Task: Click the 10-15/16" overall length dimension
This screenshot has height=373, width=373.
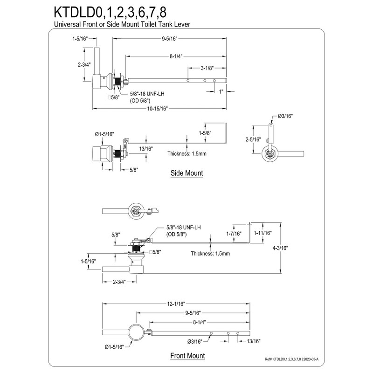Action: pos(157,108)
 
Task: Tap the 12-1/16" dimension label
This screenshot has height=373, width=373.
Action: pos(180,304)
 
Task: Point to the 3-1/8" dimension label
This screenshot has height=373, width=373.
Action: pos(207,68)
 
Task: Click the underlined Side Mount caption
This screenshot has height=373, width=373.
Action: pos(186,173)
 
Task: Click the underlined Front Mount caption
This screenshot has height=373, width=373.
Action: pos(186,356)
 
